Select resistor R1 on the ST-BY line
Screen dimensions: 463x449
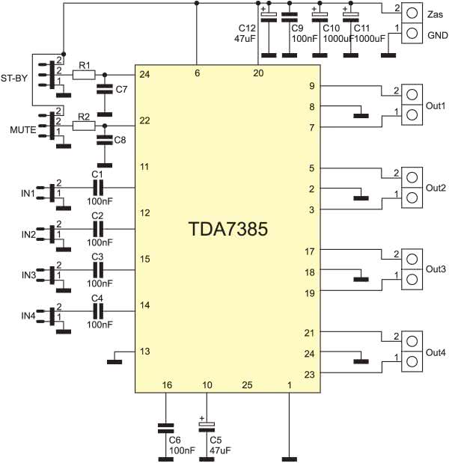84,75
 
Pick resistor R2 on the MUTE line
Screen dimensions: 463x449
84,126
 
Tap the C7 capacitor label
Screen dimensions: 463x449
120,91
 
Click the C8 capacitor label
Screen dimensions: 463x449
120,140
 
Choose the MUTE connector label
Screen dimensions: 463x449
21,130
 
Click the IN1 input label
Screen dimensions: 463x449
28,194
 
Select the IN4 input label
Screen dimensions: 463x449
28,316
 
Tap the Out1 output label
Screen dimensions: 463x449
436,105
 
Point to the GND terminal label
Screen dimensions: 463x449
436,35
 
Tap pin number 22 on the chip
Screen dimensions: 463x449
144,121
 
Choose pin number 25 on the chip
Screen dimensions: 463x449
247,384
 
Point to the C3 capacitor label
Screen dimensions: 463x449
97,256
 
